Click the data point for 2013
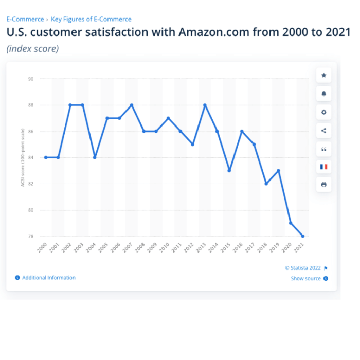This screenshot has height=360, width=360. coord(205,105)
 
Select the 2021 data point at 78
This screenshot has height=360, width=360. coord(303,236)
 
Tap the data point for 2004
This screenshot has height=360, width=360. coord(95,157)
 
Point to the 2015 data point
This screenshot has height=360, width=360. coord(229,170)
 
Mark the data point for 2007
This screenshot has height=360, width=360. coord(132,105)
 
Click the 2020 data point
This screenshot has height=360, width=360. coord(291,223)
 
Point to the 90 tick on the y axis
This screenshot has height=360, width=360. coord(31,79)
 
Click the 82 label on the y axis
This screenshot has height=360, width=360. coord(31,184)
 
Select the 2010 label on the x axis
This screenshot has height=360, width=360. coord(164,248)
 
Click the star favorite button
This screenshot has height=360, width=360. coord(323,76)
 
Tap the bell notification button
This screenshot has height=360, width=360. coord(323,94)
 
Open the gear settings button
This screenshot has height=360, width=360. coord(323,112)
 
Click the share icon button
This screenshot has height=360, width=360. coord(323,131)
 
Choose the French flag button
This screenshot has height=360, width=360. coord(323,167)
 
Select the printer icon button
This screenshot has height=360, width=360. coord(323,185)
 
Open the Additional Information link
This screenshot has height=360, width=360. coord(48,278)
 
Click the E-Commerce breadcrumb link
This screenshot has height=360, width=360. coord(25,19)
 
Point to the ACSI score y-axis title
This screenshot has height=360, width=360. coord(23,157)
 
